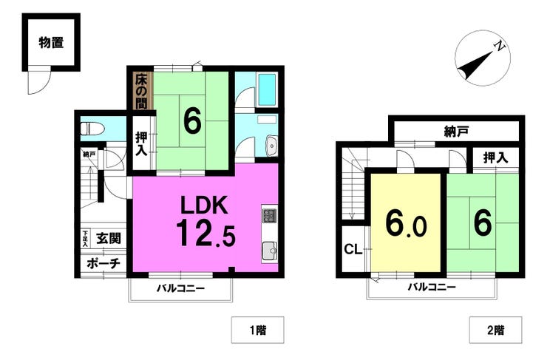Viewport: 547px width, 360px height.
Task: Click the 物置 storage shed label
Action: click(51, 44)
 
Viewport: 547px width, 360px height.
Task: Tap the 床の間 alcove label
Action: click(141, 91)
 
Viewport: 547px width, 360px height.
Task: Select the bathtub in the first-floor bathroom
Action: click(268, 90)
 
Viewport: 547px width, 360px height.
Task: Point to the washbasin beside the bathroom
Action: click(271, 146)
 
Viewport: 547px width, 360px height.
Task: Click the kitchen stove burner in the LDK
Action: click(269, 216)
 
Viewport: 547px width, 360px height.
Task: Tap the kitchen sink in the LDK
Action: click(269, 251)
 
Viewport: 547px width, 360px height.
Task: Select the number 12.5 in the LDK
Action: click(205, 233)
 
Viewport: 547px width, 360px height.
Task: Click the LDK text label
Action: click(204, 205)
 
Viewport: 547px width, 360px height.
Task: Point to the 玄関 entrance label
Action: click(109, 239)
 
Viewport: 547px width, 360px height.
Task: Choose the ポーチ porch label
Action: click(103, 263)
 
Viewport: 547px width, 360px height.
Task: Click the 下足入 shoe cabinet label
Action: click(85, 239)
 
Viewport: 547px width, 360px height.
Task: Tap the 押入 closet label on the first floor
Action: click(141, 143)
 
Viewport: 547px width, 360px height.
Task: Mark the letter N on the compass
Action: click(500, 46)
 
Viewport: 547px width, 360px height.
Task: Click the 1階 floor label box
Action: click(258, 330)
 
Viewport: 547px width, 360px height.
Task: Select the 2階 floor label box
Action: click(496, 330)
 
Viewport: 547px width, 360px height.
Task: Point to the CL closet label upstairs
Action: click(353, 249)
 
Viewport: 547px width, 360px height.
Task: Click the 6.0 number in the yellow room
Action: click(406, 223)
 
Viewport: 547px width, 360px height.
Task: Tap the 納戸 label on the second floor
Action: click(456, 131)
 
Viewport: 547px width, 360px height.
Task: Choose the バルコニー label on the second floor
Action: click(432, 288)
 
